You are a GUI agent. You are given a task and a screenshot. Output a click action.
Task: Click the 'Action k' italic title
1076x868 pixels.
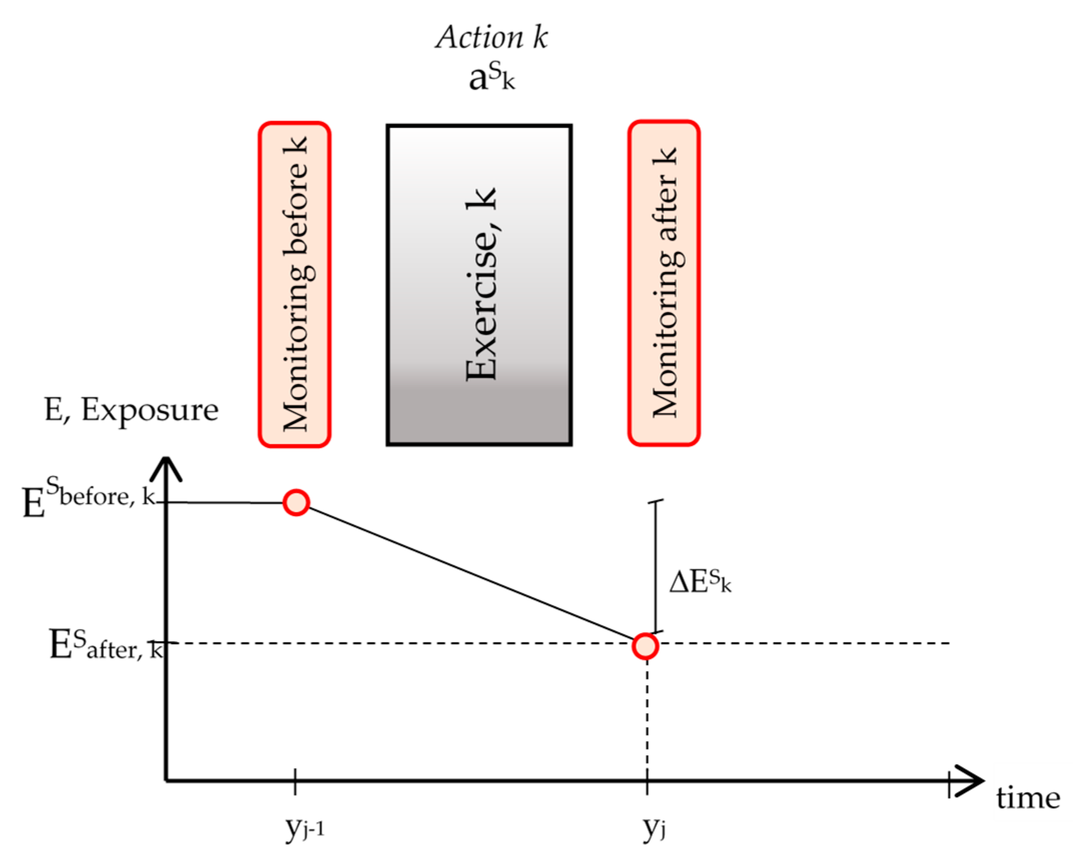pos(491,38)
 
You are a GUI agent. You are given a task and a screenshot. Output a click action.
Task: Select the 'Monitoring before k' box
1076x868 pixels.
pos(294,284)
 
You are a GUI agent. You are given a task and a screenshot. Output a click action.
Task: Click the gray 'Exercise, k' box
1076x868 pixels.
pos(479,284)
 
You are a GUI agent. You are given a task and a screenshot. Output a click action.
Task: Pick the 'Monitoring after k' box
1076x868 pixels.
pos(664,283)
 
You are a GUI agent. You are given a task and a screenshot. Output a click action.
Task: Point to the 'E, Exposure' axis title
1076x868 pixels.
pos(132,410)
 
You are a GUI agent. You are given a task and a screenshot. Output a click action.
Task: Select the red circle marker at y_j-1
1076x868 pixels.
pos(296,502)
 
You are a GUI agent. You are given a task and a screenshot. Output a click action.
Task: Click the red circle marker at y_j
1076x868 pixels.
pos(645,646)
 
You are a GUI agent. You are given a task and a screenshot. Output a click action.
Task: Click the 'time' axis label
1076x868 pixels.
pos(1027,798)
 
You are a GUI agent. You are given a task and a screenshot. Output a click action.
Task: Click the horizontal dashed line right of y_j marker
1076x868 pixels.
pos(801,643)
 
